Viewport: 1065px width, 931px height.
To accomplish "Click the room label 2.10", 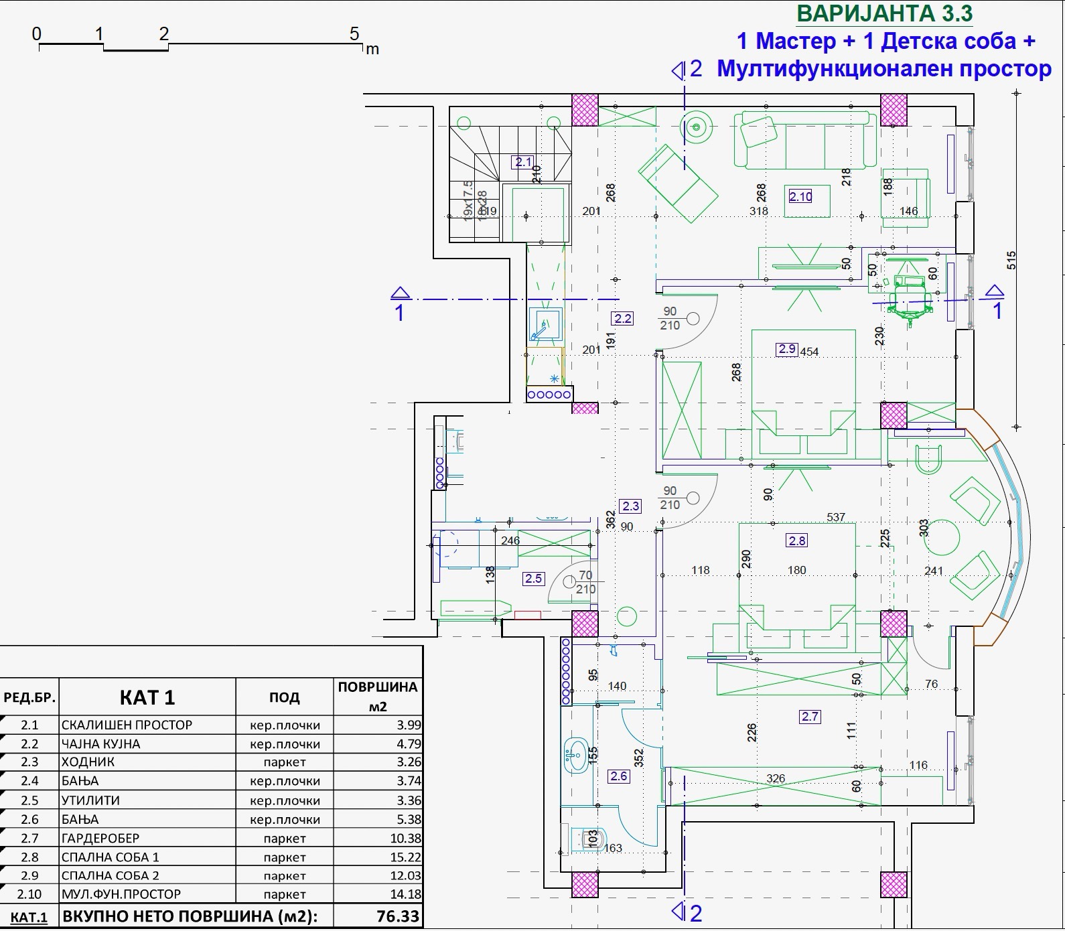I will (x=800, y=196).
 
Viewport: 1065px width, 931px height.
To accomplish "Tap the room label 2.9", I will (x=787, y=349).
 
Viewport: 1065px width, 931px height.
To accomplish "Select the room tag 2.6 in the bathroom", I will (x=619, y=776).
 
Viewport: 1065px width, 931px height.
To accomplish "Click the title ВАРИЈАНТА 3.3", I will (x=884, y=13).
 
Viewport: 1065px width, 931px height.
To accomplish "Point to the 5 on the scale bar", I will (x=354, y=33).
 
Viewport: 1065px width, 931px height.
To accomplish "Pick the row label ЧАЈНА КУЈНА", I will (x=100, y=743).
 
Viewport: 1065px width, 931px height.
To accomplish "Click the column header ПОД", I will (x=284, y=697).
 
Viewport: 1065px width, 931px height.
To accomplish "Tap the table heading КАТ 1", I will (x=147, y=697).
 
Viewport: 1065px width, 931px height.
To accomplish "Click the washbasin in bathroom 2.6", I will (x=575, y=755).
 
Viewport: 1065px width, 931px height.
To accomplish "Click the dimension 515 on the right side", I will (x=1011, y=260).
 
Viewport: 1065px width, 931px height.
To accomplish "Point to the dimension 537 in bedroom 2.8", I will (x=836, y=517).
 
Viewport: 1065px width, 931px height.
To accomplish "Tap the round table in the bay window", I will (x=942, y=536).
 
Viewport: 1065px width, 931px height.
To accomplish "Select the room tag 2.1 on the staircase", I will (x=522, y=161).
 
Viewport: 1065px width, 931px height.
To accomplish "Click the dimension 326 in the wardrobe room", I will (x=776, y=778).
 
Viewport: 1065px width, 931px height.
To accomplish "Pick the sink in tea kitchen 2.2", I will (x=544, y=325).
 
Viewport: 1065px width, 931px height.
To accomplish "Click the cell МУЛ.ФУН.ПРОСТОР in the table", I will (x=121, y=894).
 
